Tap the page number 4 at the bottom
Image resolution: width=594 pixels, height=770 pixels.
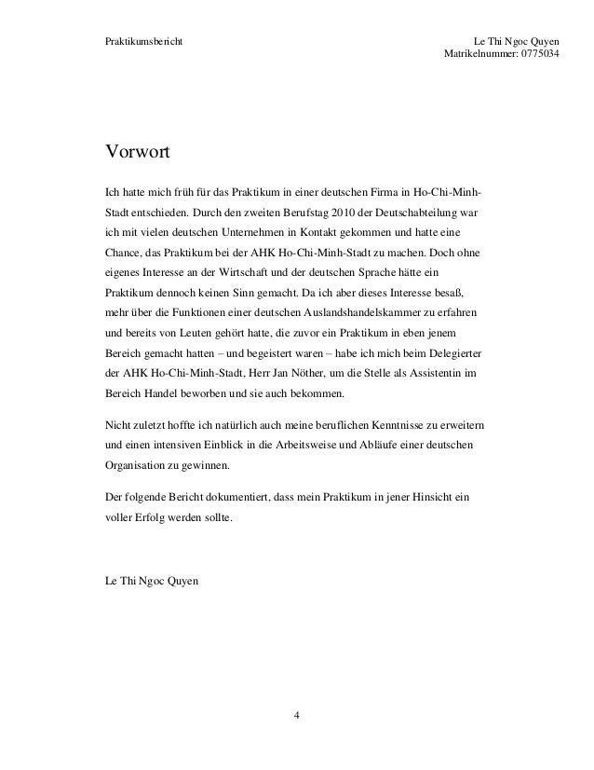point(296,715)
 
